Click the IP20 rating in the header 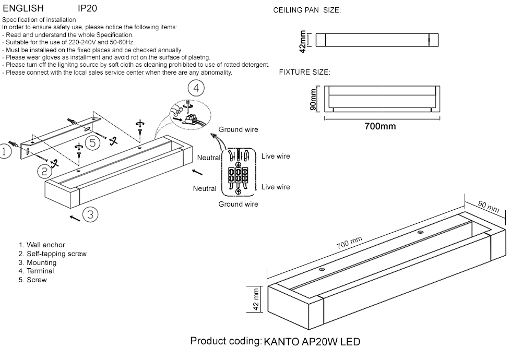coord(87,9)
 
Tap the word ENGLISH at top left coord(23,9)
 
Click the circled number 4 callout coord(196,88)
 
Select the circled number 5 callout coord(92,142)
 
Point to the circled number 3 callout coord(90,214)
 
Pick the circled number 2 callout coord(45,170)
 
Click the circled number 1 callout coord(4,152)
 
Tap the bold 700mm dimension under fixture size coord(379,126)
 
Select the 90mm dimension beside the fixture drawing coord(313,99)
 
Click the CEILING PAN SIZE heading coord(307,10)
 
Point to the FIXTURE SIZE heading coord(304,72)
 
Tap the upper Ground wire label coord(238,129)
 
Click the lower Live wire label coord(275,187)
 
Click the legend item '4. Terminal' coord(36,271)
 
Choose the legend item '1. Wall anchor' coord(42,245)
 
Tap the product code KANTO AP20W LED coord(312,342)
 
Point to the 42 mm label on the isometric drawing coord(256,299)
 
